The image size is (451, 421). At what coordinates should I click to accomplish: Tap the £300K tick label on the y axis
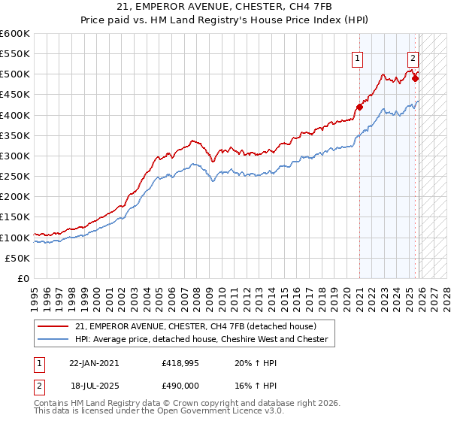click(x=15, y=156)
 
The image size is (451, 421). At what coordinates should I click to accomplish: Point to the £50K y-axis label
click(x=17, y=258)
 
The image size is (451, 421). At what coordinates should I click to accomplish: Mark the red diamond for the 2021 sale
click(x=359, y=107)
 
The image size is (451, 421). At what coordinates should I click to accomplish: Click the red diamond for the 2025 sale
click(x=416, y=77)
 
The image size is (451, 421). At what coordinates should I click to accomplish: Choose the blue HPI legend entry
click(x=201, y=339)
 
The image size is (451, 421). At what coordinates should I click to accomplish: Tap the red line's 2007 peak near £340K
click(x=193, y=140)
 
